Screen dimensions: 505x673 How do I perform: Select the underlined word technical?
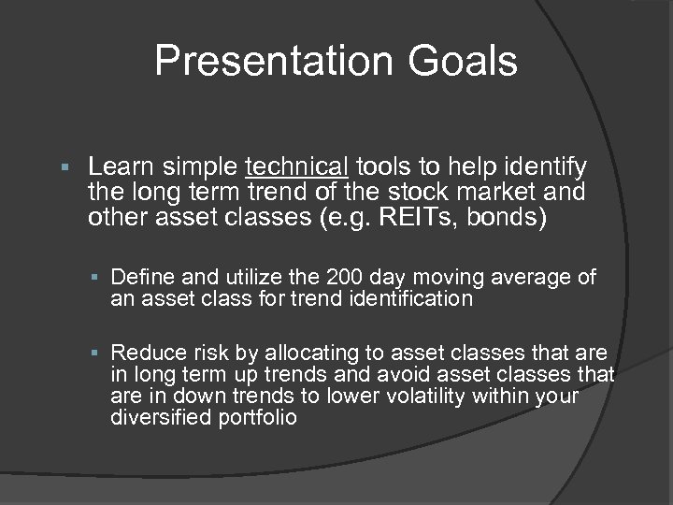[x=295, y=167]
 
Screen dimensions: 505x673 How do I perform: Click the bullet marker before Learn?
[x=64, y=168]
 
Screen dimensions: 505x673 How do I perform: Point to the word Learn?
[x=125, y=167]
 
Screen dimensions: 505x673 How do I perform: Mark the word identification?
[x=412, y=300]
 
